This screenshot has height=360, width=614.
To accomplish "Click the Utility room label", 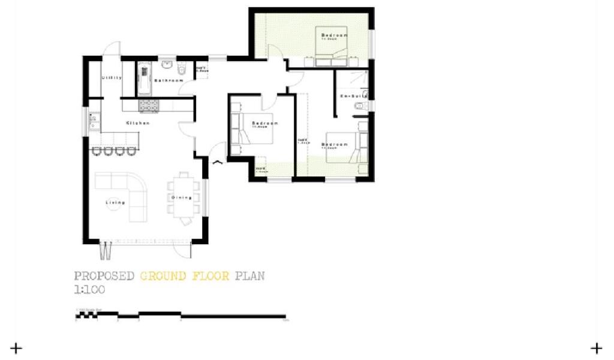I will click(x=112, y=77).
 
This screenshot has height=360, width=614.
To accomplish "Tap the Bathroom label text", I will click(x=168, y=80).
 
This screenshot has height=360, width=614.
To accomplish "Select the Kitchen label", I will click(x=137, y=123).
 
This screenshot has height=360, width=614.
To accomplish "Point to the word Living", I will click(x=116, y=203).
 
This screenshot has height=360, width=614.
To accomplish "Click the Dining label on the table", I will click(x=181, y=197).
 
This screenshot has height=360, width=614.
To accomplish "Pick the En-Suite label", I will click(x=353, y=96).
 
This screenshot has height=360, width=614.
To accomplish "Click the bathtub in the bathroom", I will click(x=145, y=79).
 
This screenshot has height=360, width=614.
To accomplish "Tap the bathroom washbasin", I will click(x=167, y=65).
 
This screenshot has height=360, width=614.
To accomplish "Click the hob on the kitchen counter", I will click(x=149, y=106).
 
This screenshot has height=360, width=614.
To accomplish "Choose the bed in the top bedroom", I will click(x=332, y=51).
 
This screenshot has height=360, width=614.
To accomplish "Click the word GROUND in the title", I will click(x=163, y=276).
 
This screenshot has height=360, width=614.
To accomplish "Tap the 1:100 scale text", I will click(x=89, y=289).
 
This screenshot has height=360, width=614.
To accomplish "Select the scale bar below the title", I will click(x=180, y=316).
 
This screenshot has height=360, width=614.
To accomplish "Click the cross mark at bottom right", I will click(x=596, y=347).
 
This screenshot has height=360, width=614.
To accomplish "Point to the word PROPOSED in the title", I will click(x=104, y=276).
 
